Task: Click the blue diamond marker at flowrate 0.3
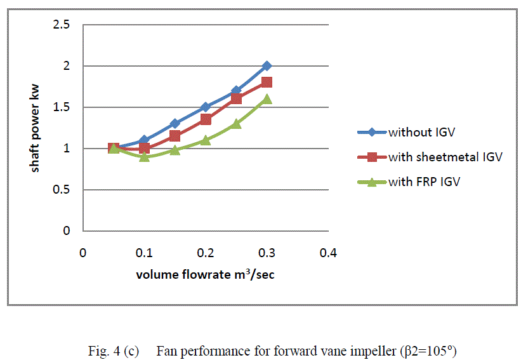[267, 66]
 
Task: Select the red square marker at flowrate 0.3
[267, 83]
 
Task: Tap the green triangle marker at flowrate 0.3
[267, 99]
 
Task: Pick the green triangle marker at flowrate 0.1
[144, 157]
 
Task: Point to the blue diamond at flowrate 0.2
[206, 107]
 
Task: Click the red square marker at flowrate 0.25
[236, 99]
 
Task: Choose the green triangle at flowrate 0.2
[206, 140]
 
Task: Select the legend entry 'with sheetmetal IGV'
[445, 157]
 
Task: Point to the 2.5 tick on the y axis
[62, 25]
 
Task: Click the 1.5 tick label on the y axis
[62, 107]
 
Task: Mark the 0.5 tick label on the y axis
[62, 190]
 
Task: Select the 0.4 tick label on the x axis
[327, 253]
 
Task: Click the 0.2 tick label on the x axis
[205, 253]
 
